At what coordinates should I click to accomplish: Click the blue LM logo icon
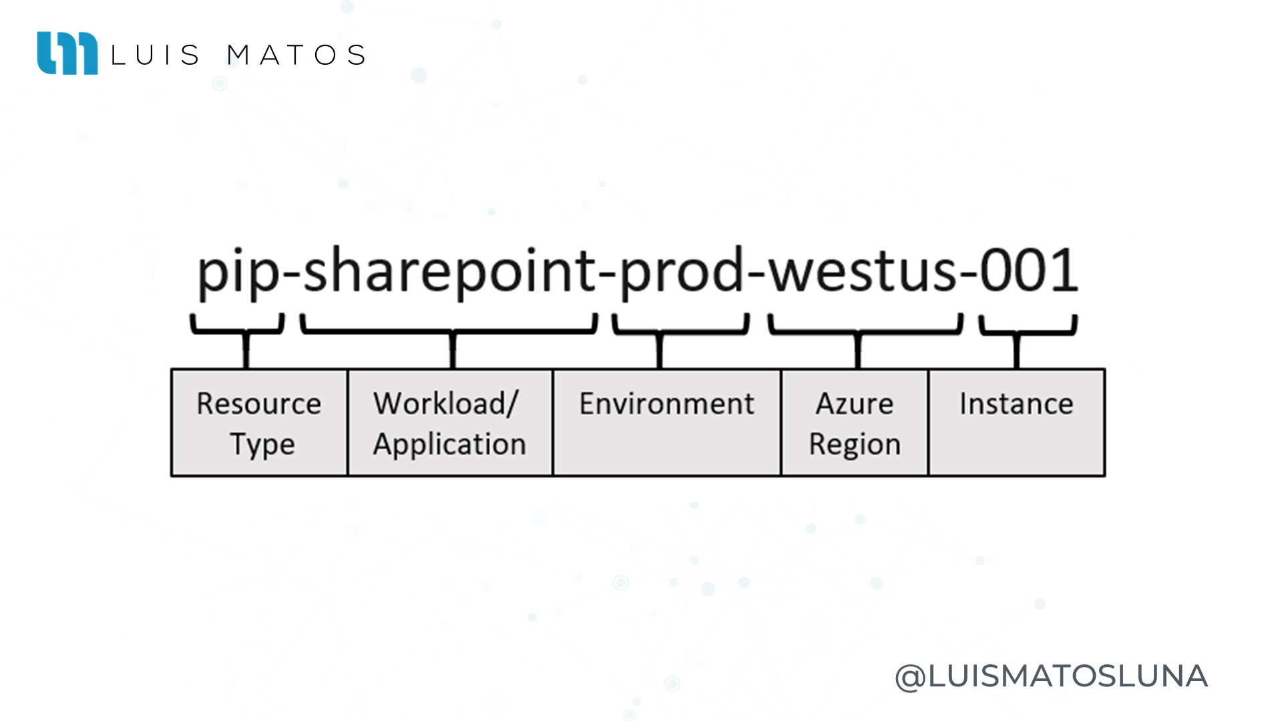[x=67, y=53]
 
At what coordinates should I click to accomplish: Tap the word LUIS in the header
[x=155, y=55]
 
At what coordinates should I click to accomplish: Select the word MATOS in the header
[x=296, y=55]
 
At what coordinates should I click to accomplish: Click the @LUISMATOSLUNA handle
[x=1051, y=676]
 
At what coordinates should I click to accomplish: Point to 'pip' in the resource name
[x=238, y=273]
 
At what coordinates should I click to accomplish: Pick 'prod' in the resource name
[x=682, y=273]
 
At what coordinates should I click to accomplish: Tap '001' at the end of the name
[x=1028, y=270]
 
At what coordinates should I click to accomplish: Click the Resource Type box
[x=260, y=423]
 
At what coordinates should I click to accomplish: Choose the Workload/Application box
[x=451, y=423]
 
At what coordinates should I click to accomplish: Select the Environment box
[x=667, y=423]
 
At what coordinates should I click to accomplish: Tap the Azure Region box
[x=855, y=423]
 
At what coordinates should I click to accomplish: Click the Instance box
[x=1017, y=423]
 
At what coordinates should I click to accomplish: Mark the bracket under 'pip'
[x=246, y=332]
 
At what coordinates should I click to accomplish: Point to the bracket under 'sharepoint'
[x=453, y=332]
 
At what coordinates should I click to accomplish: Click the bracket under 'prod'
[x=660, y=332]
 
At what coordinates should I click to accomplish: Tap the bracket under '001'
[x=1017, y=332]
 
